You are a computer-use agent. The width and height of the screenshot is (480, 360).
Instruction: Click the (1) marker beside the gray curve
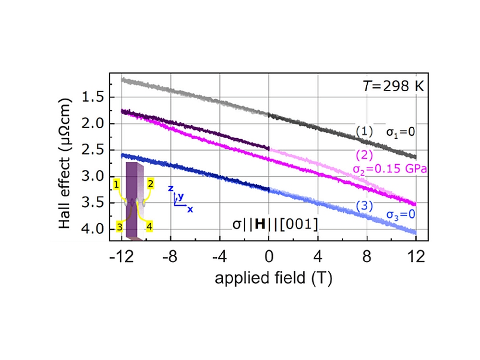pos(364,131)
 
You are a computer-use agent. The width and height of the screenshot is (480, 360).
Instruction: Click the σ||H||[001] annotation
pos(273,224)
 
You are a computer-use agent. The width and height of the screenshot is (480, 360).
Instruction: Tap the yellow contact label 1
pos(117,183)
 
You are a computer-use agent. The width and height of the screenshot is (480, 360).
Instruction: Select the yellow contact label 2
pos(150,183)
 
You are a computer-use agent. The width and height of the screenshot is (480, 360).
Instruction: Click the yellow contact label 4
pos(149,227)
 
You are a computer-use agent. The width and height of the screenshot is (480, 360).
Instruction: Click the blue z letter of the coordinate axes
pos(170,190)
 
